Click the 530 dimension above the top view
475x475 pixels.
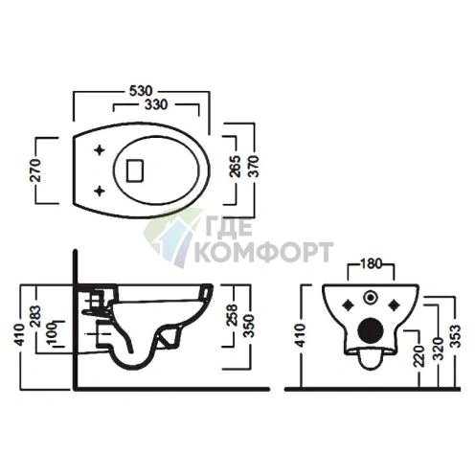141,91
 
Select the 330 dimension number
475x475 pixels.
156,104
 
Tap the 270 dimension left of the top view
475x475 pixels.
35,170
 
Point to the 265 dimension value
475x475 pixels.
235,167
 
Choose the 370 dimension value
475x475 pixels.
254,167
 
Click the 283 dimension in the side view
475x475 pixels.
35,316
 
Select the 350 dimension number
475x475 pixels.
250,327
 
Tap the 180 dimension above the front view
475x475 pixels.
371,263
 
